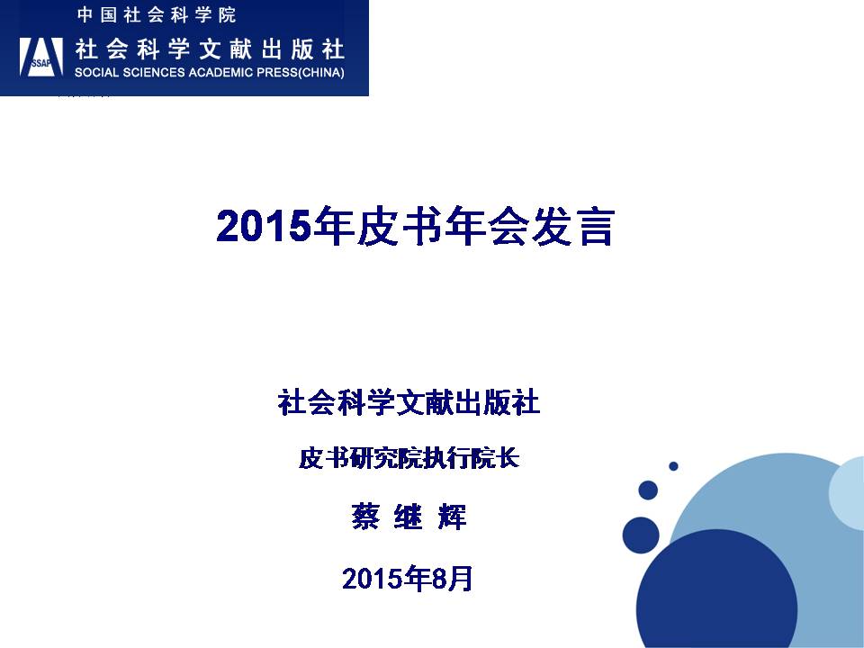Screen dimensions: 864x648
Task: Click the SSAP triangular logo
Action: pos(41,56)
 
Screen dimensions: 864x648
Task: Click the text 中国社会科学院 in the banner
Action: pos(157,15)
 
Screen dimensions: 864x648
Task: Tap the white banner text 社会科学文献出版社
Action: pos(210,49)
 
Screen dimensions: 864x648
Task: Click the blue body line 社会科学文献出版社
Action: pos(409,401)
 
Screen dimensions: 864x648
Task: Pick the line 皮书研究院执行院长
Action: pos(409,458)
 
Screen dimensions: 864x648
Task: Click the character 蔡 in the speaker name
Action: pos(364,517)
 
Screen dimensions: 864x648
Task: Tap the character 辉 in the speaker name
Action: pos(453,517)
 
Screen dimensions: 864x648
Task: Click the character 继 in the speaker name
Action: pos(409,517)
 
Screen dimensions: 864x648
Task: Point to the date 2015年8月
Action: pos(407,579)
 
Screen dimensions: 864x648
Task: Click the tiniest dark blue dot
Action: pos(673,466)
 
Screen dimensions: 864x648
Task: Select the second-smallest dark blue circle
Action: pos(648,490)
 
